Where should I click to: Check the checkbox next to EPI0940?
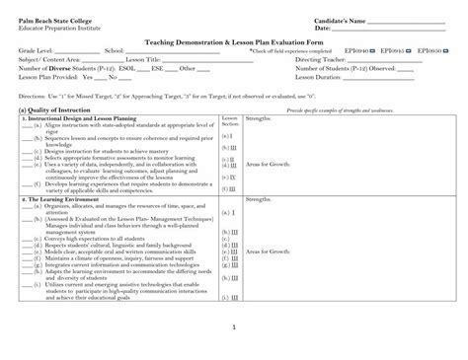371,49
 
